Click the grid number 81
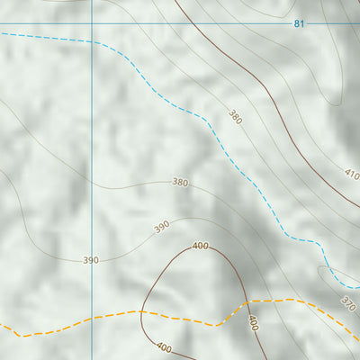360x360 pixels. [x=299, y=23]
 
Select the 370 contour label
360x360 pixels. [x=348, y=303]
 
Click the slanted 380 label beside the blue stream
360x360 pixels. [x=235, y=116]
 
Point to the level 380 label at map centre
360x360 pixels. [x=180, y=182]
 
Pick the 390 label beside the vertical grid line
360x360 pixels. [x=91, y=260]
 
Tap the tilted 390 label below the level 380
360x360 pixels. [x=161, y=227]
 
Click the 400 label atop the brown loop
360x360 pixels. [x=200, y=246]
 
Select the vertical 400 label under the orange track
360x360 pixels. [x=253, y=323]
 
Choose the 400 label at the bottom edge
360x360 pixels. [x=164, y=346]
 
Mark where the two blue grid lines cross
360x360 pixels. [x=92, y=22]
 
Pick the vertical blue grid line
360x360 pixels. [x=92, y=135]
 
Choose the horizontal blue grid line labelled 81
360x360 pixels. [x=135, y=22]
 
